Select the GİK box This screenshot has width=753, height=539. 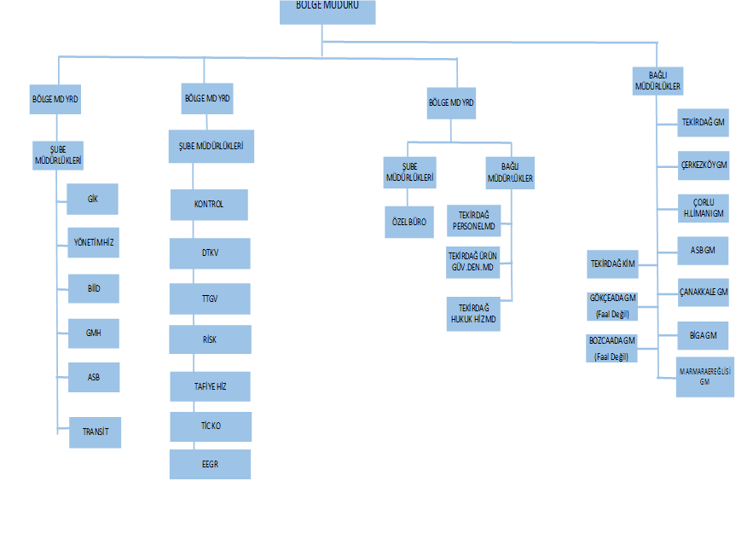point(93,199)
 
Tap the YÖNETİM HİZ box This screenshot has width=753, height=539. point(93,243)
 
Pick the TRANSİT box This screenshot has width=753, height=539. point(96,432)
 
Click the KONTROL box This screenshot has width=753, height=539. point(209,205)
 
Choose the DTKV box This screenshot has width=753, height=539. point(210,253)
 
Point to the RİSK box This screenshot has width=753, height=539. point(210,339)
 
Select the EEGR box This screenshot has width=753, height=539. point(210,465)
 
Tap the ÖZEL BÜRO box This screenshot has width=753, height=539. point(408,222)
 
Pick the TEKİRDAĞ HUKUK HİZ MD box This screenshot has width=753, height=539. point(473,313)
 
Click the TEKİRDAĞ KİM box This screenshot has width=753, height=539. point(613,264)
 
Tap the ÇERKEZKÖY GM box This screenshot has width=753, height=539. point(704,165)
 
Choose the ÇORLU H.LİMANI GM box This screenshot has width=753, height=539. point(704,208)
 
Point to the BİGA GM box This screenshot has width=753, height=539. point(704,335)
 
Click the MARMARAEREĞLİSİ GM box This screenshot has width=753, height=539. point(704,377)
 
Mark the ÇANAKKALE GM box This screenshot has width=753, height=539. point(704,293)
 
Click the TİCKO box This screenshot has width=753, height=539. point(210,426)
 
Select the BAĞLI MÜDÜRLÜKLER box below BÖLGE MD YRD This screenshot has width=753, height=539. point(510,173)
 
